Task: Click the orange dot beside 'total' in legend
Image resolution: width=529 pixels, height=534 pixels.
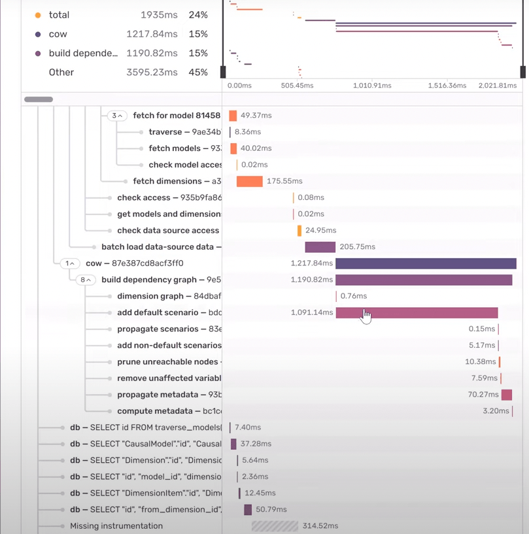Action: [38, 15]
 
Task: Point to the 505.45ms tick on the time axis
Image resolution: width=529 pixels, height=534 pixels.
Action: [297, 86]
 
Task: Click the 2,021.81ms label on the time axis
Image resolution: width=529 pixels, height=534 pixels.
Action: [497, 86]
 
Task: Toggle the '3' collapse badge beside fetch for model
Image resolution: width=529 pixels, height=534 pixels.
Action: [116, 116]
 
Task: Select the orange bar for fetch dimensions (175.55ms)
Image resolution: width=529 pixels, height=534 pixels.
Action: [249, 181]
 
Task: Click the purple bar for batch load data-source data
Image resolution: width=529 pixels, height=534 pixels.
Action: [320, 247]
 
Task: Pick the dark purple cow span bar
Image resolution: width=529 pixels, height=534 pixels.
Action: [426, 263]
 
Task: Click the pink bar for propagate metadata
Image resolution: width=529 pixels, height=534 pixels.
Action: [506, 395]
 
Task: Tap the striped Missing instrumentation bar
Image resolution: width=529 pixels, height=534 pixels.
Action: [275, 526]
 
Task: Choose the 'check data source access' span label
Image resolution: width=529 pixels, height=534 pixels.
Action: [167, 231]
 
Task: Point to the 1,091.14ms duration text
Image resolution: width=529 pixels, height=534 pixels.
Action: [312, 312]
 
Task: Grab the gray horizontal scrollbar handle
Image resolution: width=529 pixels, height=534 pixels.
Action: [39, 99]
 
